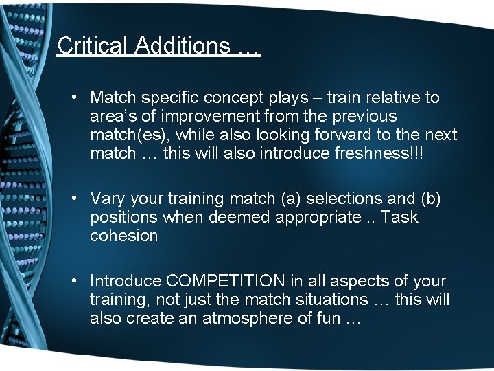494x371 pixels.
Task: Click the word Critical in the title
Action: click(x=93, y=45)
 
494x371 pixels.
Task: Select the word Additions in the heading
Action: click(x=181, y=45)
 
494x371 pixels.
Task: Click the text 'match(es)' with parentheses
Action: click(x=122, y=135)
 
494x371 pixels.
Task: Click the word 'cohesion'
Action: click(x=123, y=236)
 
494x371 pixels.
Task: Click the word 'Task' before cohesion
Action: click(x=399, y=218)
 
